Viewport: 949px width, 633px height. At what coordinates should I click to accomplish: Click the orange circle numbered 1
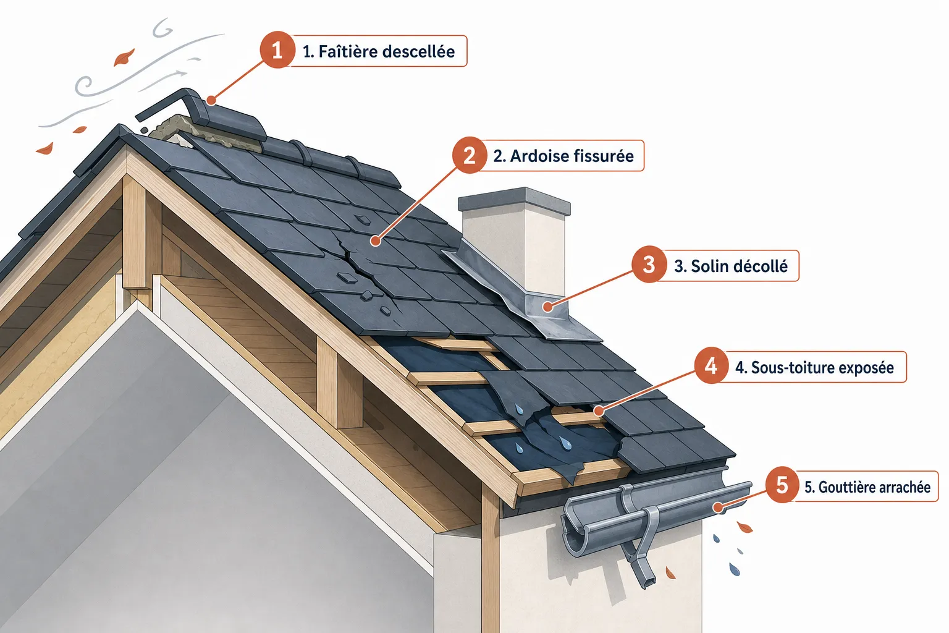pos(277,50)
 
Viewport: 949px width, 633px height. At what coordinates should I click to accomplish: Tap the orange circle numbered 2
pos(469,155)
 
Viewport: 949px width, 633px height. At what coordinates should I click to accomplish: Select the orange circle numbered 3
pos(649,265)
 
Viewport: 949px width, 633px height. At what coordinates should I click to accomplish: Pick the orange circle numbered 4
pos(711,365)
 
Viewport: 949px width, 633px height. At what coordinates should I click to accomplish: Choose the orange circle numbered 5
pos(782,485)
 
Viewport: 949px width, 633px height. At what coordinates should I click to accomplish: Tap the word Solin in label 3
pos(709,266)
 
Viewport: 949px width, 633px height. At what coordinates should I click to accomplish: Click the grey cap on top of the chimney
pos(514,201)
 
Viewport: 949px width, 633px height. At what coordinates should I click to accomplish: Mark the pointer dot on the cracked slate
pos(376,241)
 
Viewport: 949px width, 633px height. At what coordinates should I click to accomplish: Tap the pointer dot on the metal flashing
pos(548,306)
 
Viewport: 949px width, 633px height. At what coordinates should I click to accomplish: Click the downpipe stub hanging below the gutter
pos(639,569)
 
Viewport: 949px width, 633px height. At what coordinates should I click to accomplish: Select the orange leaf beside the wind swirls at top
pos(124,57)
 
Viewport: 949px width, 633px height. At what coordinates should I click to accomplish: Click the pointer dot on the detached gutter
pos(717,507)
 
